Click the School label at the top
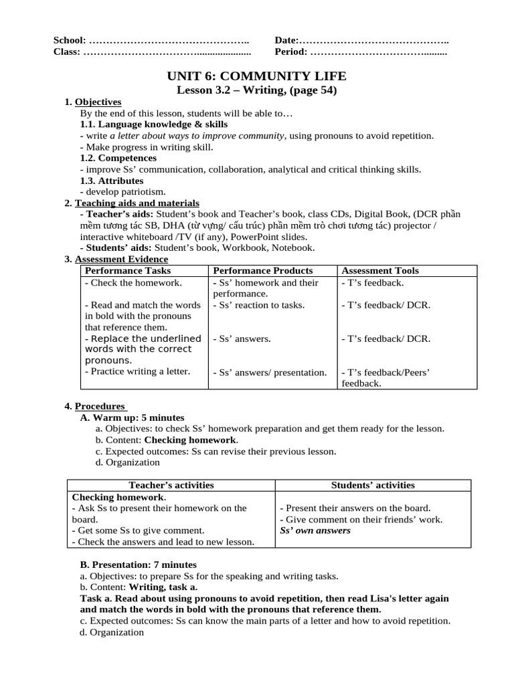(70, 41)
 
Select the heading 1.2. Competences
(118, 158)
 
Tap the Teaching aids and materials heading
(137, 203)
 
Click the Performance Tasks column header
(128, 271)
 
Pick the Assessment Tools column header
(380, 271)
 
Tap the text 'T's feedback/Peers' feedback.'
(385, 378)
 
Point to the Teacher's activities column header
(171, 486)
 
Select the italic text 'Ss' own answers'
(315, 531)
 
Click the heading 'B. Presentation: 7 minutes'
(139, 565)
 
